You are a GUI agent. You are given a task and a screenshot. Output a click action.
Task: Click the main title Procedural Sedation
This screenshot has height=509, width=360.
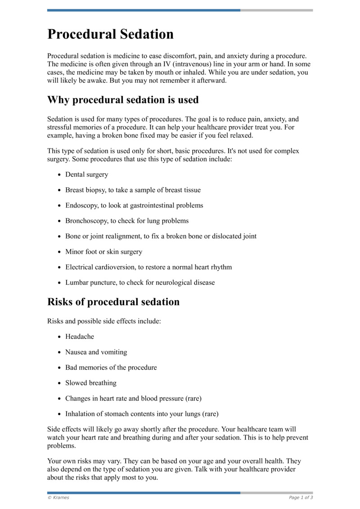pyautogui.click(x=110, y=35)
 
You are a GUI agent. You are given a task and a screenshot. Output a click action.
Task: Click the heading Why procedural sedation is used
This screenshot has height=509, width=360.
pyautogui.click(x=123, y=99)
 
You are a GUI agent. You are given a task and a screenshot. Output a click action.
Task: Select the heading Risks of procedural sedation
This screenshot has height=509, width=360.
pyautogui.click(x=113, y=302)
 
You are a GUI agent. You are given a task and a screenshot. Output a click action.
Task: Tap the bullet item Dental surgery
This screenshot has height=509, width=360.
pyautogui.click(x=87, y=175)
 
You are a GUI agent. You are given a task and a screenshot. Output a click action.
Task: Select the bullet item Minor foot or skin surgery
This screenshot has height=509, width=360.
pyautogui.click(x=103, y=252)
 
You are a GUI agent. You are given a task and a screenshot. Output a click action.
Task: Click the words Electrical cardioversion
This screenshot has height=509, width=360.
pyautogui.click(x=99, y=267)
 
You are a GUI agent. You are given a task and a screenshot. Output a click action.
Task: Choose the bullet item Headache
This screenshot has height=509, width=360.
pyautogui.click(x=80, y=337)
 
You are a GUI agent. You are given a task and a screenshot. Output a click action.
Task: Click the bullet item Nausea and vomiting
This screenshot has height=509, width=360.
pyautogui.click(x=96, y=352)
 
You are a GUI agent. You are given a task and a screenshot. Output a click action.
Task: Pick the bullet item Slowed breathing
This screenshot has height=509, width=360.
pyautogui.click(x=91, y=383)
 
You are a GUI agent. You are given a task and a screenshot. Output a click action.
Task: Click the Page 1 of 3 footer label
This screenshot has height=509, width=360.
pyautogui.click(x=301, y=498)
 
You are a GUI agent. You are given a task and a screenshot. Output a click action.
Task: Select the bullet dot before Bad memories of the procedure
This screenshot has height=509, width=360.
pyautogui.click(x=59, y=368)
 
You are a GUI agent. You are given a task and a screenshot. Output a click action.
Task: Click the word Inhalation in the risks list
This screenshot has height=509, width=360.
pyautogui.click(x=81, y=414)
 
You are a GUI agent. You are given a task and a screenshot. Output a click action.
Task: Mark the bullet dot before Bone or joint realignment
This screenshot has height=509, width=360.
pyautogui.click(x=59, y=236)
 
